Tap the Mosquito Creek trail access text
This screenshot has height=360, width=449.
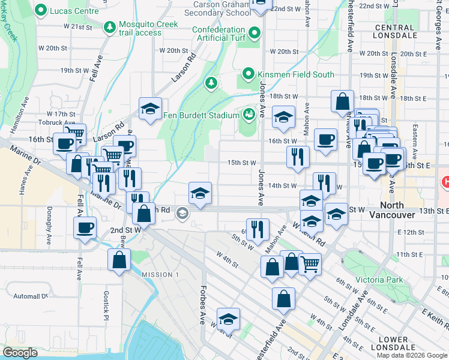coord(149,28)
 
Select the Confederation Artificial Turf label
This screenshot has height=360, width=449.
coord(220,35)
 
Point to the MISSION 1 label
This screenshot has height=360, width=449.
coord(160,274)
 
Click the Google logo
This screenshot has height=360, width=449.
coord(20,353)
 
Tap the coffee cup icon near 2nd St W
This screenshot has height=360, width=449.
coord(84,227)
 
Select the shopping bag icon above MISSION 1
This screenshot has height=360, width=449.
coord(119,260)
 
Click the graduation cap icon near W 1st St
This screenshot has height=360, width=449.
coord(228,319)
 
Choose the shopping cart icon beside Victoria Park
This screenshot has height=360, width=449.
coord(310,263)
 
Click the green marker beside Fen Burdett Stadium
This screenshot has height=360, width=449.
coord(249,113)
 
